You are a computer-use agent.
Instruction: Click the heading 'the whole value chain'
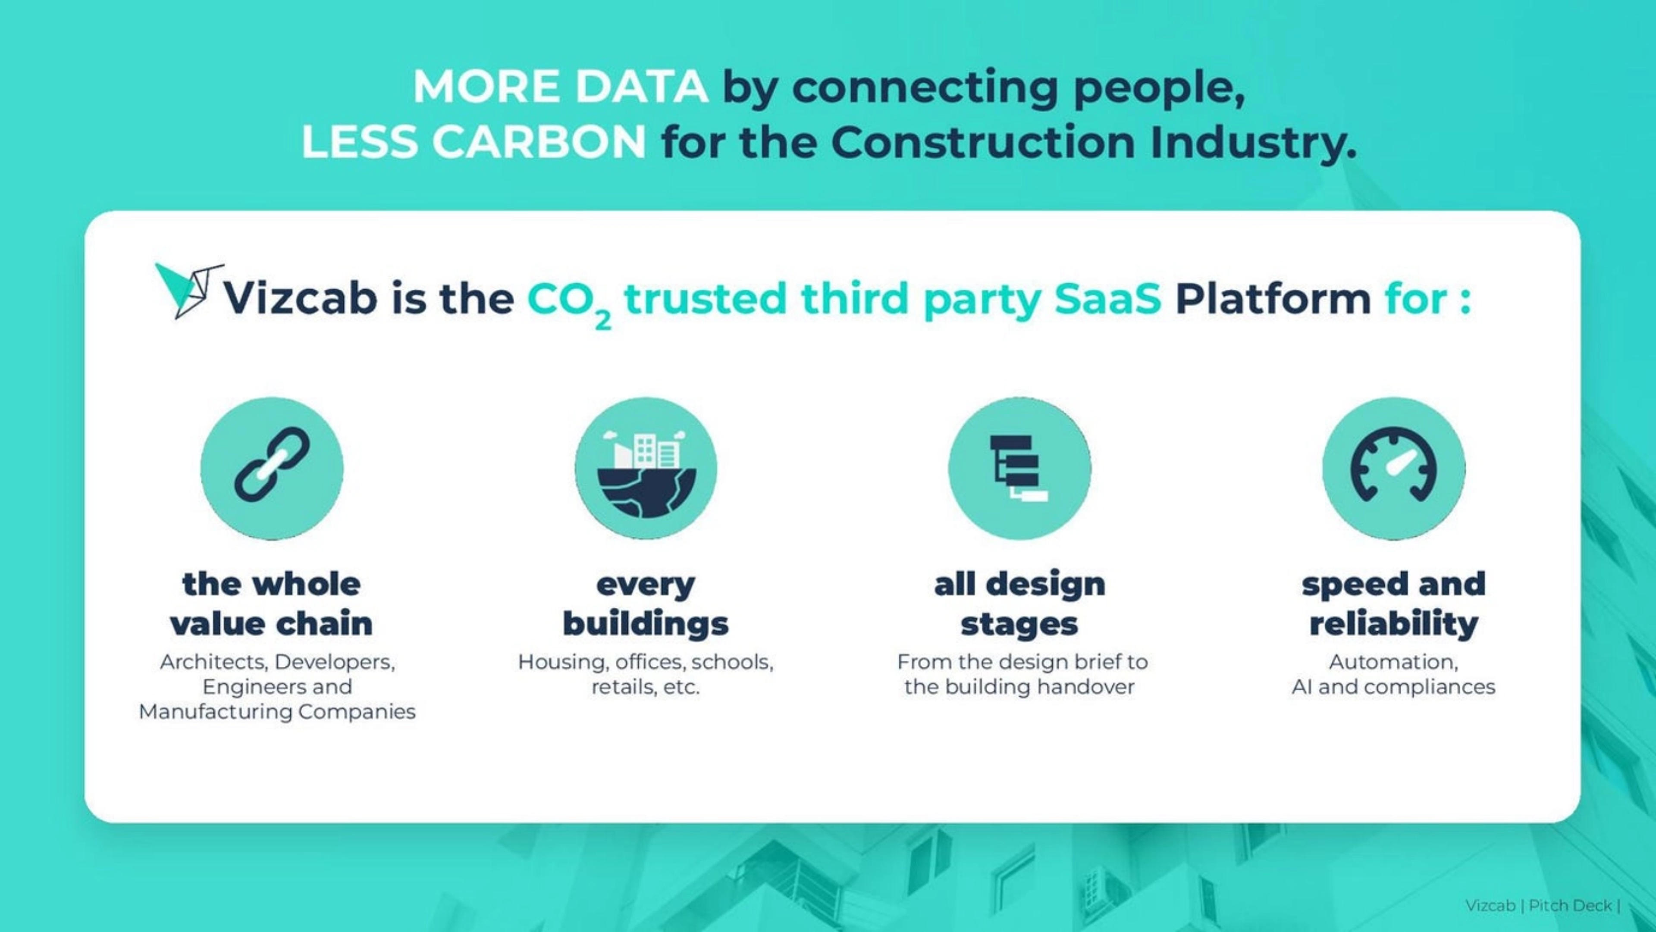click(x=271, y=604)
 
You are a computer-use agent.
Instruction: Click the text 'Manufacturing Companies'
click(x=277, y=712)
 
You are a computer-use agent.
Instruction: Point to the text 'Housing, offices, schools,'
click(x=646, y=662)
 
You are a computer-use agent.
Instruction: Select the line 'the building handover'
click(x=1019, y=687)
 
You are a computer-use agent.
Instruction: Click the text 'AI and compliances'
click(x=1394, y=687)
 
